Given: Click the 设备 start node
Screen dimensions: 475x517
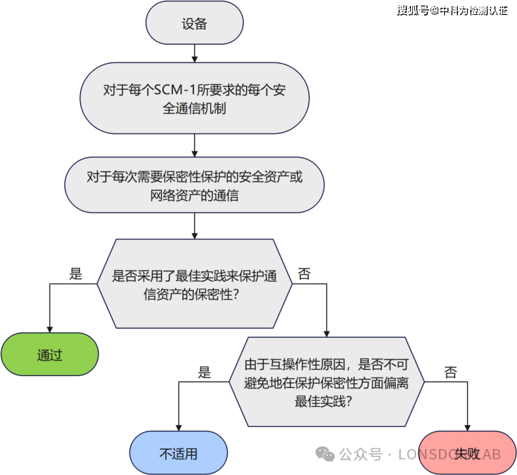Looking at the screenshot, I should (x=194, y=25).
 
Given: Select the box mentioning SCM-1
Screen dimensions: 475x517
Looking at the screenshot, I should (x=194, y=99).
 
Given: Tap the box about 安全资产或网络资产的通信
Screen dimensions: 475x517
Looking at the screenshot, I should (x=194, y=185).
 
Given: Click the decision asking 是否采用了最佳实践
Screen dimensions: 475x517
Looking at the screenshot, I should (x=194, y=284).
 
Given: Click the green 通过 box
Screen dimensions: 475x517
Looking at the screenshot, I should (x=49, y=355).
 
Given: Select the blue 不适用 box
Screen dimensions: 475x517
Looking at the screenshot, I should (x=178, y=454).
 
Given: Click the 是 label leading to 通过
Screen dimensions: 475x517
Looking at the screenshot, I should (x=76, y=274).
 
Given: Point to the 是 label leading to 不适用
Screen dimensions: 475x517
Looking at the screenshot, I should (x=205, y=372).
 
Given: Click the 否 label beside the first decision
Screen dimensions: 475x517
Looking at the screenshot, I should (x=304, y=274).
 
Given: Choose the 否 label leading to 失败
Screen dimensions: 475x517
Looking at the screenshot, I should (x=450, y=372).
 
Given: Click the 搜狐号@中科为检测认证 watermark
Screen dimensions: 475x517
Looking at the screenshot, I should (x=453, y=11).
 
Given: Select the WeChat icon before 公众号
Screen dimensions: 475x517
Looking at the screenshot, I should (x=325, y=454).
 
